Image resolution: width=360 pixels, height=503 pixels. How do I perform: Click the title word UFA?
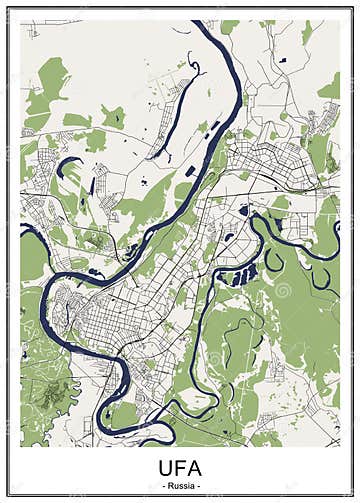(180, 468)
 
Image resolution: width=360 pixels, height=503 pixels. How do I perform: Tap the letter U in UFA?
(163, 468)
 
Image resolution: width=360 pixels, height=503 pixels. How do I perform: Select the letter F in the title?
(180, 468)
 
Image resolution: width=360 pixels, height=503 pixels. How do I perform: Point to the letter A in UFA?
(196, 468)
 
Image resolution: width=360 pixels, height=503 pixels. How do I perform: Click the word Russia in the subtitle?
(180, 486)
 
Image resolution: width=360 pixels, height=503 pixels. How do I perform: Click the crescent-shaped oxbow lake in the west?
(68, 164)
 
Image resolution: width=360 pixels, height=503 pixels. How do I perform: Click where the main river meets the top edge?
(204, 23)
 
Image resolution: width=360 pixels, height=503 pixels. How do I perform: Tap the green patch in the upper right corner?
(330, 88)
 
